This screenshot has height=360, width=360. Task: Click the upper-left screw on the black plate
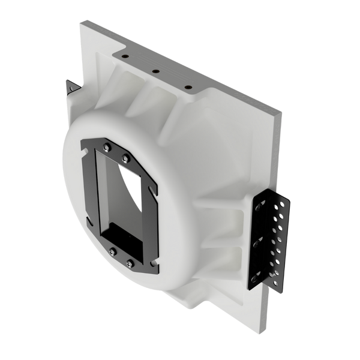coord(106,148)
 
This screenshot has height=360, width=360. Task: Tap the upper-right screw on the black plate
coord(125,158)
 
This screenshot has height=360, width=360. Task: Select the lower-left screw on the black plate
coord(112,251)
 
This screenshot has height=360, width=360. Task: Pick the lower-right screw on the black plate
coord(131,262)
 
